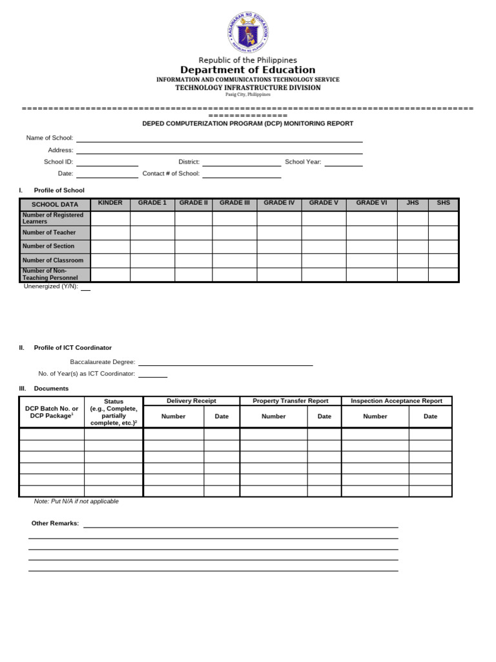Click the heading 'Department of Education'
(248, 70)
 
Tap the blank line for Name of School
(219, 138)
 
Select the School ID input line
(107, 162)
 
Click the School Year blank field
(343, 162)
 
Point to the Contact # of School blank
(242, 174)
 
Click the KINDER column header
(110, 203)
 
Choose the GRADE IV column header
(279, 203)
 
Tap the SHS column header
(443, 203)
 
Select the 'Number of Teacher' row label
(49, 233)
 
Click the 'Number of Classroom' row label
(53, 261)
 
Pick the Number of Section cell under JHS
(413, 246)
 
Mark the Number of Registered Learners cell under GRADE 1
(152, 219)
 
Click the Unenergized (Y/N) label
(51, 286)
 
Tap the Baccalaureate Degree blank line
(225, 363)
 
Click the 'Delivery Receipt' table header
(191, 401)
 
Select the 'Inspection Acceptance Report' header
(397, 401)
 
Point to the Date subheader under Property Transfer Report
(324, 416)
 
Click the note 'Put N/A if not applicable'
(76, 501)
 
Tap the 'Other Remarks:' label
(56, 523)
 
